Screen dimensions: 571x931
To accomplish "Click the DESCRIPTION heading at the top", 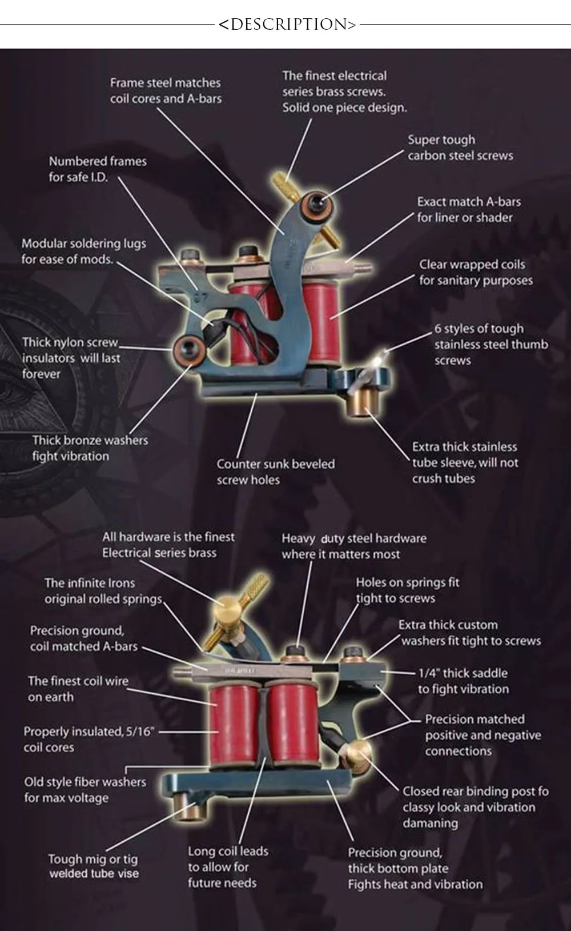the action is coord(287,25).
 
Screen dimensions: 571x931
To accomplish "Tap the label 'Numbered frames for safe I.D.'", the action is coord(98,169).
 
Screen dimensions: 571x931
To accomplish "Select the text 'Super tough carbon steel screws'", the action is coord(460,147).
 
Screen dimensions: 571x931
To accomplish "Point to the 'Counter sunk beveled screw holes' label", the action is coord(275,472).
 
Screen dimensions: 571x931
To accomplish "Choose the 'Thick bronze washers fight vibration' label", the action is coord(90,448).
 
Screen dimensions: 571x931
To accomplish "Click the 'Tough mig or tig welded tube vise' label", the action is coord(94,866).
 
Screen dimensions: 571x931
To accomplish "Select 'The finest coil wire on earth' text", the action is coord(78,689).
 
